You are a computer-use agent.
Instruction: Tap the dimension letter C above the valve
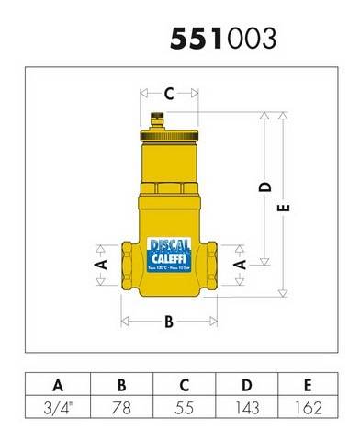[169, 93]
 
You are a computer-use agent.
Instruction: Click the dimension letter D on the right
[265, 187]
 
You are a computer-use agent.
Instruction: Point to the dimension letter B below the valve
[168, 322]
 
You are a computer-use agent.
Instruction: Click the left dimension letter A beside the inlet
[102, 264]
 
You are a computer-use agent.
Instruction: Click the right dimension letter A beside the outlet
[241, 264]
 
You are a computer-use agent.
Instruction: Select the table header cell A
[59, 384]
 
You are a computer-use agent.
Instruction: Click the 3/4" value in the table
[59, 405]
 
